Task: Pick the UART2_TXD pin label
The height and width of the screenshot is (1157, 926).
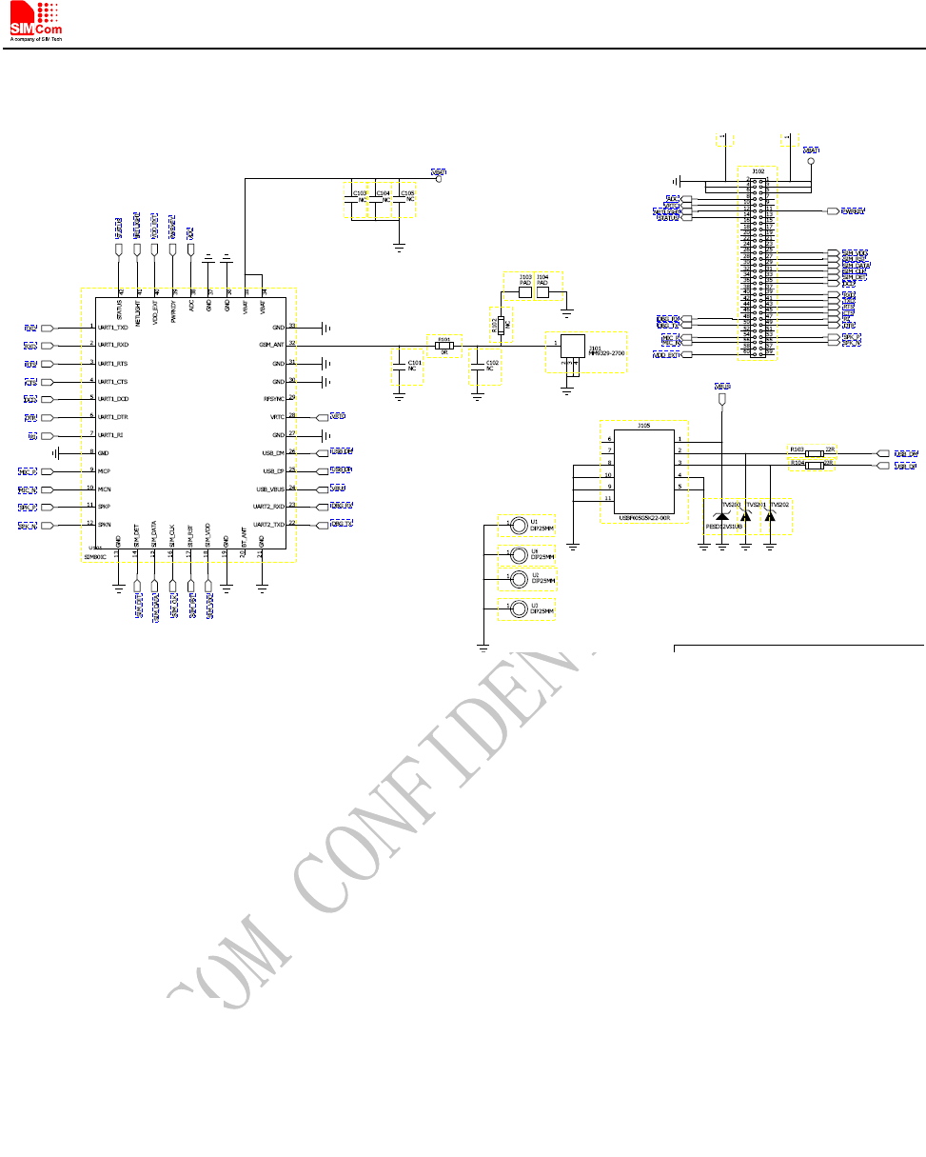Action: tap(268, 525)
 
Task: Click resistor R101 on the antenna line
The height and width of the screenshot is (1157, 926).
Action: tap(443, 347)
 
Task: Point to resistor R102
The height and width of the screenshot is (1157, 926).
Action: tap(499, 325)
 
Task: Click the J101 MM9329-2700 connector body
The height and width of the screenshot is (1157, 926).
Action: tap(572, 348)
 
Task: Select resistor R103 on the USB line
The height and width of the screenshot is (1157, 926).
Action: tap(814, 453)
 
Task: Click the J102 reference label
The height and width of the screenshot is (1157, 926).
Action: tap(759, 171)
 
